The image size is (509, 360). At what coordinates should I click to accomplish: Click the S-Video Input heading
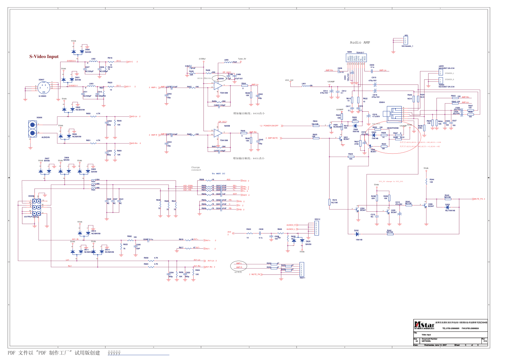point(44,57)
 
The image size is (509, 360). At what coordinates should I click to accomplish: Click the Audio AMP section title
point(360,42)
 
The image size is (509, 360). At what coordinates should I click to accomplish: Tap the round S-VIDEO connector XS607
point(43,87)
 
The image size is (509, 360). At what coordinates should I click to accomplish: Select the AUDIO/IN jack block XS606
point(33,129)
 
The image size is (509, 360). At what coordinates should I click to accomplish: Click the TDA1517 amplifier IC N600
point(356,58)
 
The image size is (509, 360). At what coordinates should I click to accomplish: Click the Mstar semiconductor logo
point(424,325)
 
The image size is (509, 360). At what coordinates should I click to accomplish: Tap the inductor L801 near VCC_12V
point(306,86)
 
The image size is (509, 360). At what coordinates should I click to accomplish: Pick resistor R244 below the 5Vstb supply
point(427,181)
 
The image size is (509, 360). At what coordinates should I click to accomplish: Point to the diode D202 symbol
point(357,234)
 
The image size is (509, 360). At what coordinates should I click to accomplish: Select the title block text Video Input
point(426,335)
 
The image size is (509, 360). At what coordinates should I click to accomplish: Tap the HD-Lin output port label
point(134,117)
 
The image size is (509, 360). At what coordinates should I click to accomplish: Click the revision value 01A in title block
point(485,341)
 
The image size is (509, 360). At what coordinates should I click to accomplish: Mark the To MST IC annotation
point(218,174)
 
